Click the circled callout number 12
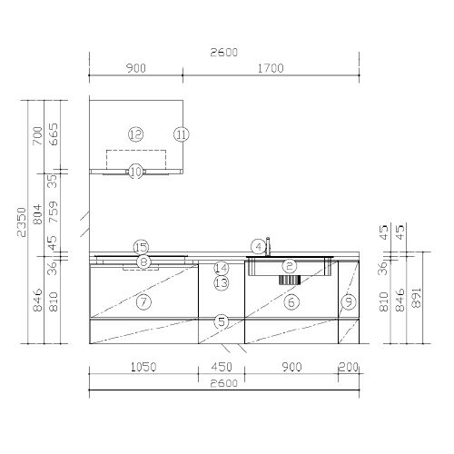135,134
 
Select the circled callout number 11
182,134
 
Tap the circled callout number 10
136,172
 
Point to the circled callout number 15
141,248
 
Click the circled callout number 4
259,247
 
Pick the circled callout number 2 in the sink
290,266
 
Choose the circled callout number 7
143,301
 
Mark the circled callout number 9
349,301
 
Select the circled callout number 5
222,321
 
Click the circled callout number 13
222,283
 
